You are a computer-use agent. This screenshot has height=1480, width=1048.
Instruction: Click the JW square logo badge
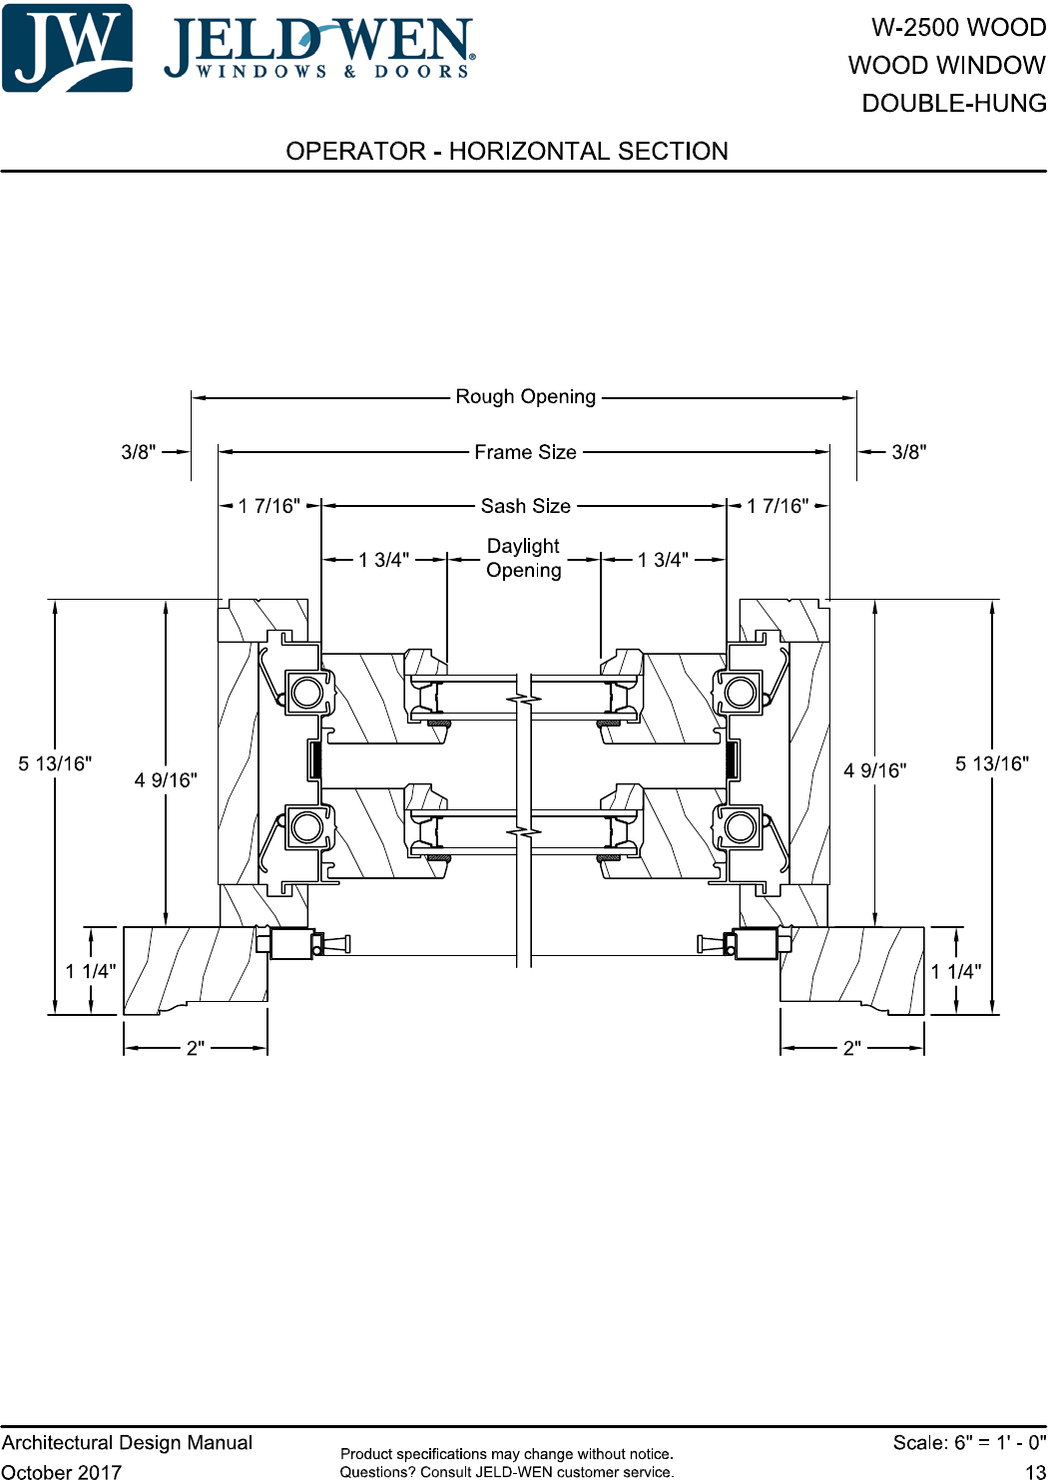(x=67, y=48)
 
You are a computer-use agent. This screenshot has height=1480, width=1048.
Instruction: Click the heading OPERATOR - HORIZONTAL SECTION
(x=507, y=152)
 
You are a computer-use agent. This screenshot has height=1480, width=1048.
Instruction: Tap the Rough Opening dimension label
(x=525, y=396)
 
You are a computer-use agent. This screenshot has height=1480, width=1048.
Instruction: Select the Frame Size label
(x=525, y=452)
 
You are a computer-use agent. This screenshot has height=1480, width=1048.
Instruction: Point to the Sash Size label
(x=525, y=506)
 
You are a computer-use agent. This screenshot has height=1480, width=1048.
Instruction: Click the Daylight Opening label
(x=523, y=558)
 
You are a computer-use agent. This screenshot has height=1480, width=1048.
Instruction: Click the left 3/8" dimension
(x=138, y=452)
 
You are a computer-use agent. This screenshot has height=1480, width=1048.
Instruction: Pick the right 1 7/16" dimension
(x=778, y=506)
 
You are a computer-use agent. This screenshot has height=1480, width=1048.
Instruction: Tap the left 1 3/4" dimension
(x=383, y=560)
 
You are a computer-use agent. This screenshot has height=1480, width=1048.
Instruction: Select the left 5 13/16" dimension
(x=55, y=763)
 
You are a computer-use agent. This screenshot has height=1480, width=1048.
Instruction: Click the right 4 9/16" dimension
(x=875, y=770)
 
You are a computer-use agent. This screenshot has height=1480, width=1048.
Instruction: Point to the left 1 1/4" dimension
(x=90, y=971)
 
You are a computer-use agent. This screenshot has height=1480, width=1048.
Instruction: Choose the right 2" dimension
(x=851, y=1048)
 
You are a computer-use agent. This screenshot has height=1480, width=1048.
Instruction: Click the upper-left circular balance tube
(x=307, y=693)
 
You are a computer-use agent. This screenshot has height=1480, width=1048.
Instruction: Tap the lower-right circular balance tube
(x=740, y=827)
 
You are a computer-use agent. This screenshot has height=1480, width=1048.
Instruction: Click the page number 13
(x=1035, y=1471)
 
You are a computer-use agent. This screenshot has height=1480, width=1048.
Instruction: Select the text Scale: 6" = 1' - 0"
(x=969, y=1442)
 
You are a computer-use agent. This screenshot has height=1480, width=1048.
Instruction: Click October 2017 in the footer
(x=62, y=1471)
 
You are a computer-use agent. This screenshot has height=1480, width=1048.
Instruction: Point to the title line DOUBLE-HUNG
(x=954, y=103)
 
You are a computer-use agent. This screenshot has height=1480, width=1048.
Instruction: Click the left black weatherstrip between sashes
(x=315, y=759)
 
